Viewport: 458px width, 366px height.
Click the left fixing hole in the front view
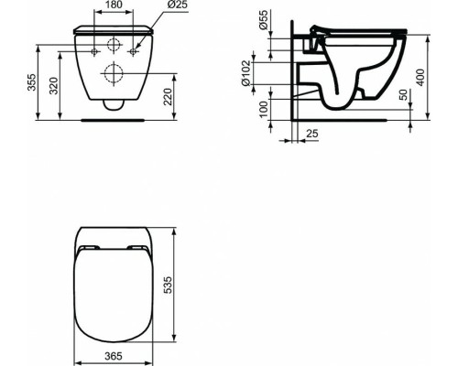(x=95, y=51)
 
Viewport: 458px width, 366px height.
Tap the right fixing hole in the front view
(x=134, y=51)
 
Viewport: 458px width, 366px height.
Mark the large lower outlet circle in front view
(x=114, y=73)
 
